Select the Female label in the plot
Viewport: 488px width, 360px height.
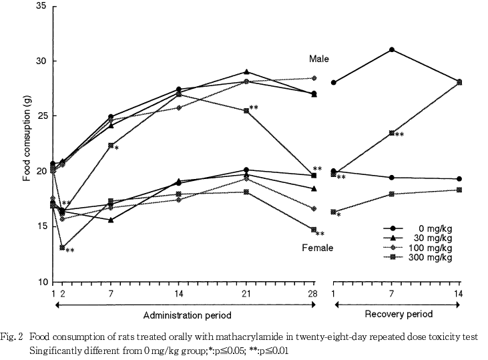pyautogui.click(x=317, y=248)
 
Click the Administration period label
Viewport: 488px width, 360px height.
pyautogui.click(x=184, y=314)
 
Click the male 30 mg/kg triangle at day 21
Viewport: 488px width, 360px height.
pyautogui.click(x=247, y=71)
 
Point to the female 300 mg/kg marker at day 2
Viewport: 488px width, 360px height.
pyautogui.click(x=62, y=247)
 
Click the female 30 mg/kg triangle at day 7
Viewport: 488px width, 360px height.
pyautogui.click(x=111, y=220)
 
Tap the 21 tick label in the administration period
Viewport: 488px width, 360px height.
pyautogui.click(x=247, y=293)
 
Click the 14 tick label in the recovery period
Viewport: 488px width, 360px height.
pyautogui.click(x=458, y=293)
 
